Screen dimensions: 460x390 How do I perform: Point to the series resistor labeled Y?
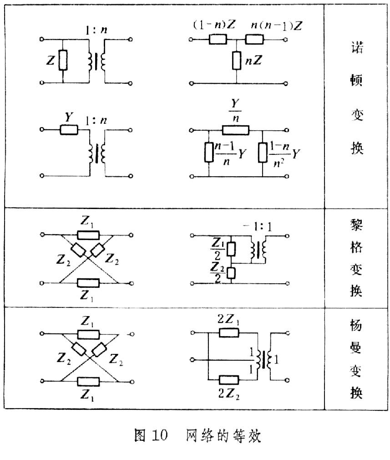click(69, 130)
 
